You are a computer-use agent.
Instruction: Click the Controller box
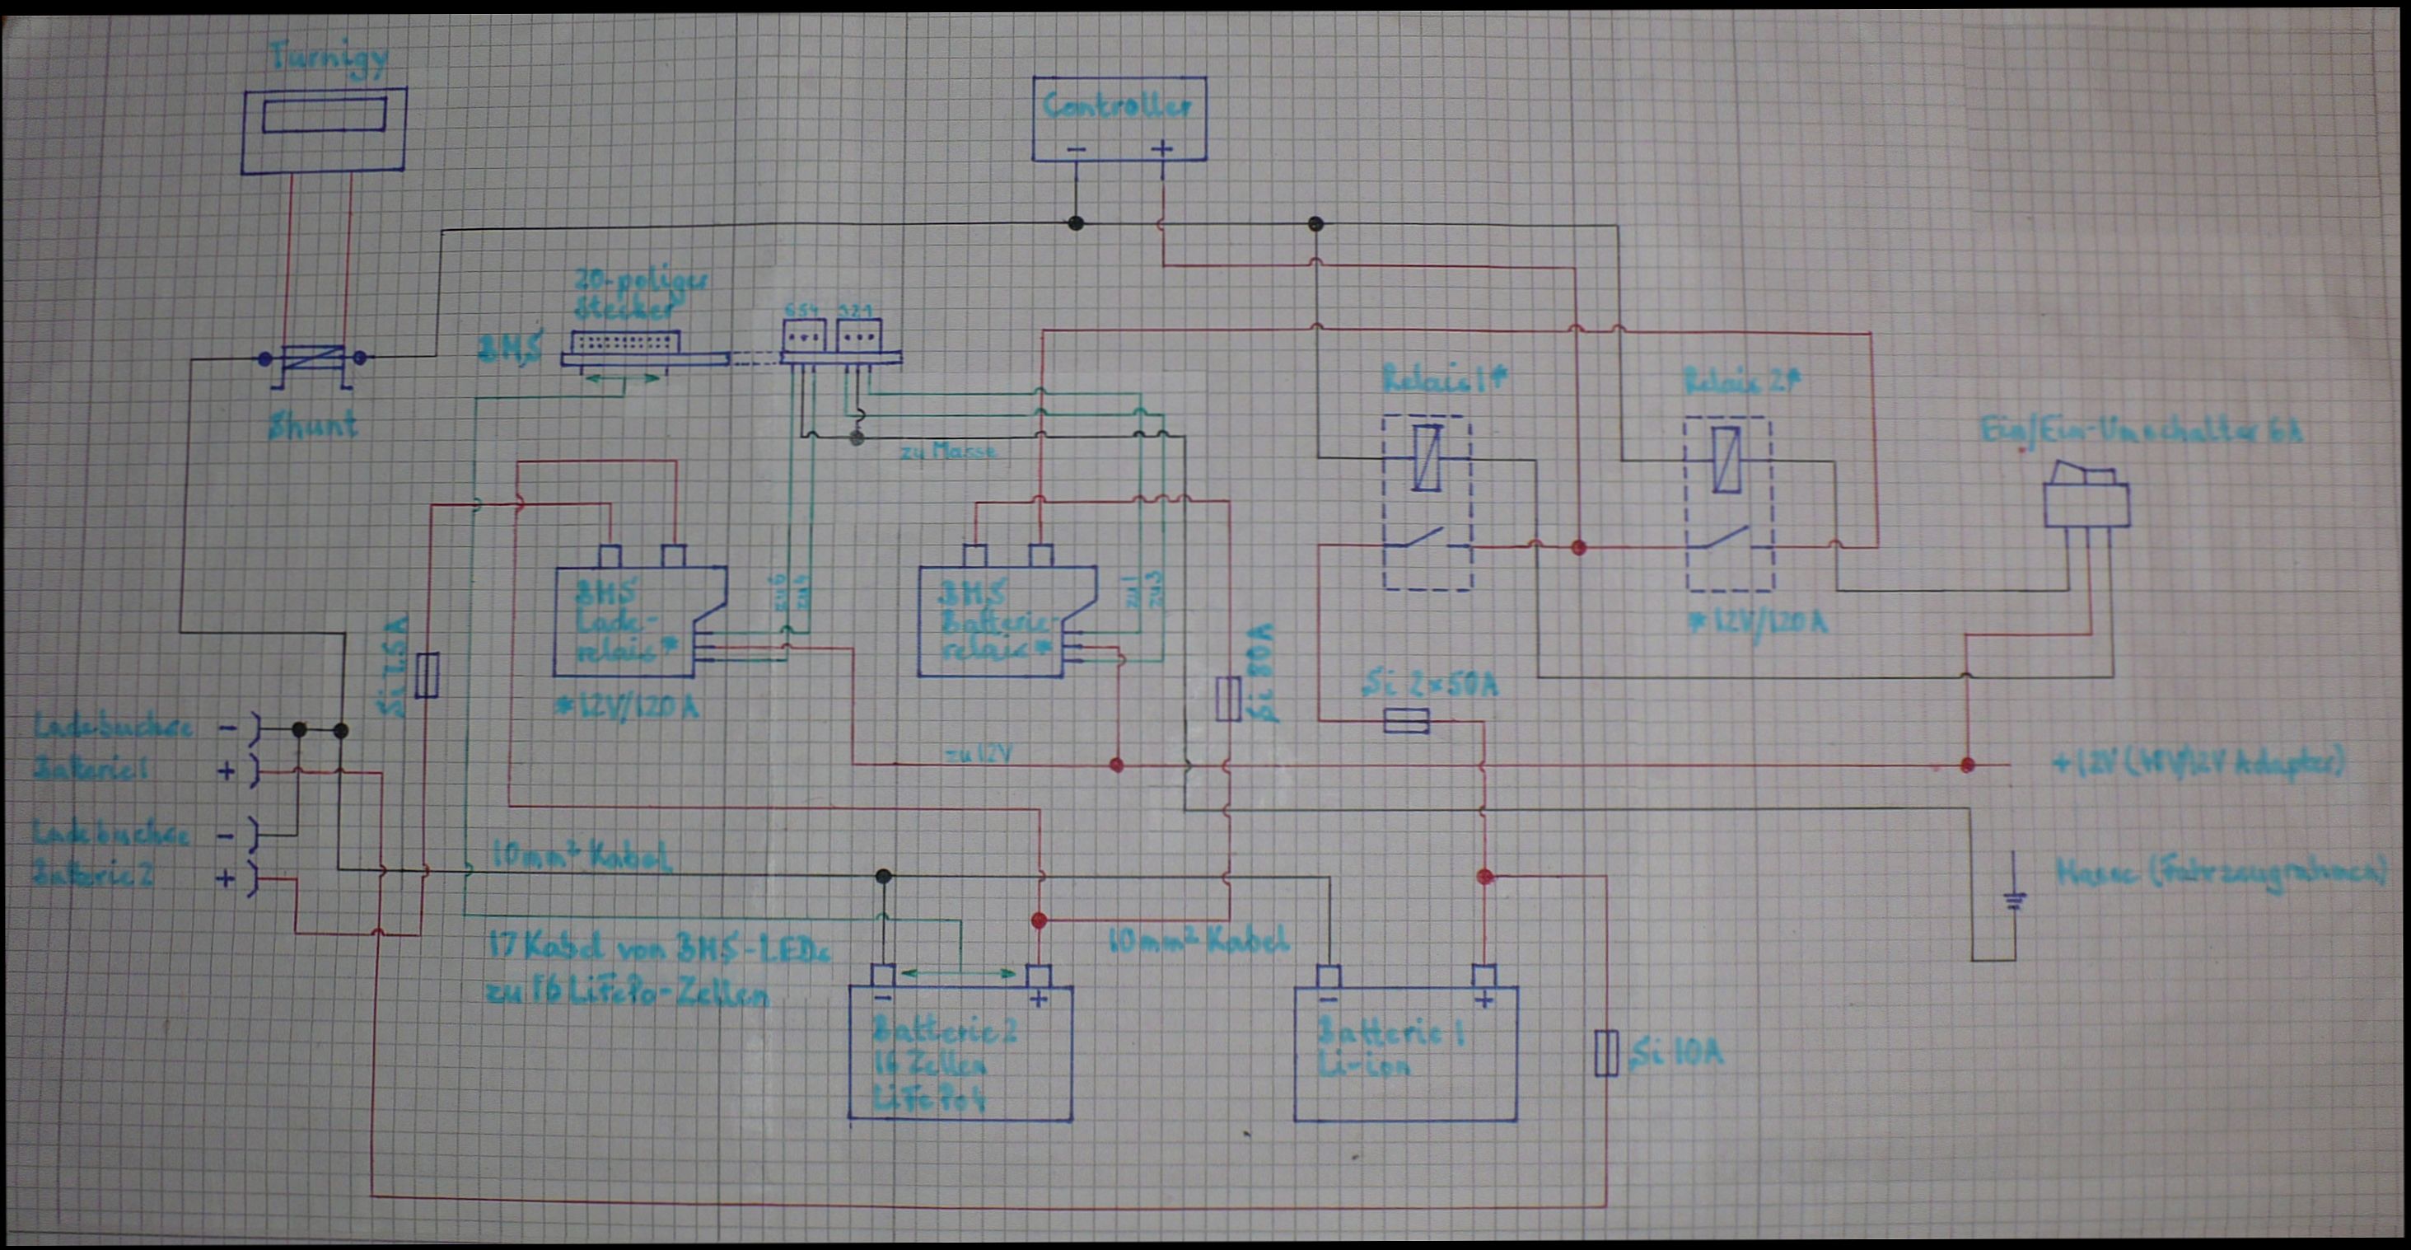tap(1119, 119)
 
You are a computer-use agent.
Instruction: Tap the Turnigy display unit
tap(324, 130)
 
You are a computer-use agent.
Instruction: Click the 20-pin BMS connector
tap(619, 344)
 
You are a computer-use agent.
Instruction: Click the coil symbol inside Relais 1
tap(1427, 458)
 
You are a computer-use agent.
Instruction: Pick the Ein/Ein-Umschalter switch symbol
tap(2086, 496)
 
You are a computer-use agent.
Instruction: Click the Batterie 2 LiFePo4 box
tap(960, 1053)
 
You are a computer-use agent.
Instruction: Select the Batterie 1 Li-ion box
tap(1404, 1053)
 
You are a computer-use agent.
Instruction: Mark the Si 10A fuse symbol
tap(1606, 1052)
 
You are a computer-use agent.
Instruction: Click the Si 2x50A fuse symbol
tap(1406, 721)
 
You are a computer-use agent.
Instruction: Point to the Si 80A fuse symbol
tap(1228, 699)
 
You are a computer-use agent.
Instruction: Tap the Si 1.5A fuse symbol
tap(427, 675)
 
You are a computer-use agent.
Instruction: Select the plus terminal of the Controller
tap(1161, 149)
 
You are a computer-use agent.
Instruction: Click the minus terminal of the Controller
tap(1077, 149)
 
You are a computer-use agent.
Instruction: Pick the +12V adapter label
tap(2199, 762)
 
